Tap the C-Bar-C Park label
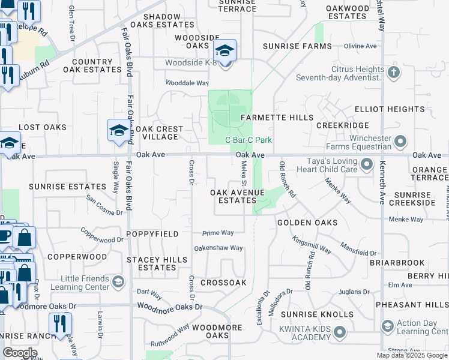(249, 140)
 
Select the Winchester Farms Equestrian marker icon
(402, 142)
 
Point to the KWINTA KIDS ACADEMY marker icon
(340, 332)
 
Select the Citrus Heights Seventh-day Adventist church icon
(394, 73)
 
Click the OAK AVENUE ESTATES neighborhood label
(237, 196)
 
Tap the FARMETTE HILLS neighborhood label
(277, 118)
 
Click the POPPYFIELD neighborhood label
(152, 233)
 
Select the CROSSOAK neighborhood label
(223, 282)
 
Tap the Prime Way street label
(218, 233)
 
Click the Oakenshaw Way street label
(218, 248)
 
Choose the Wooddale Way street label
(187, 83)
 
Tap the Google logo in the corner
(20, 353)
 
